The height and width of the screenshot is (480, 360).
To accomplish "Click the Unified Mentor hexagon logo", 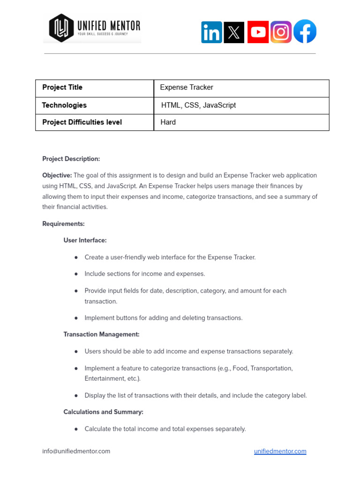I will [x=61, y=28].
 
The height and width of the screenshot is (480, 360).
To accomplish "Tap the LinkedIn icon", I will [x=211, y=32].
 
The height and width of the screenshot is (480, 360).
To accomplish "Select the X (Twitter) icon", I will [x=234, y=32].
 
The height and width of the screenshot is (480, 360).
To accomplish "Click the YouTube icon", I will [x=258, y=32].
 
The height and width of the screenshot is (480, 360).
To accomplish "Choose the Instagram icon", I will [x=281, y=32].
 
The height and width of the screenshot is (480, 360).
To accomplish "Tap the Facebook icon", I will [x=305, y=32].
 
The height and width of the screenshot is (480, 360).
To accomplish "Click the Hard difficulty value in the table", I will [x=168, y=122].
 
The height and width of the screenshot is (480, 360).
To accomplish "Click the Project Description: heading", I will [x=71, y=159].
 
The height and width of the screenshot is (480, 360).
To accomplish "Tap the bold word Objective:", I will [x=57, y=175].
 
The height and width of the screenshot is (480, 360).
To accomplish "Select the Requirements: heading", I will [x=63, y=224].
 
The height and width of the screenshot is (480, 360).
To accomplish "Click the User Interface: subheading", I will [x=85, y=240].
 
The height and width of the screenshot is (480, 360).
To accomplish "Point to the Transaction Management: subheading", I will [x=101, y=335].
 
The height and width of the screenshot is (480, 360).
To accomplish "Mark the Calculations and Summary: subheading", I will [x=103, y=412].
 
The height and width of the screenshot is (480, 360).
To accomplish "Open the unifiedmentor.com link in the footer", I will [x=280, y=451].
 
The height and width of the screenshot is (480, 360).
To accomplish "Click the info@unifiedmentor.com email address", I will [x=76, y=451].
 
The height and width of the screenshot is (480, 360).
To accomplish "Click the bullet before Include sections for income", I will [x=76, y=274].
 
